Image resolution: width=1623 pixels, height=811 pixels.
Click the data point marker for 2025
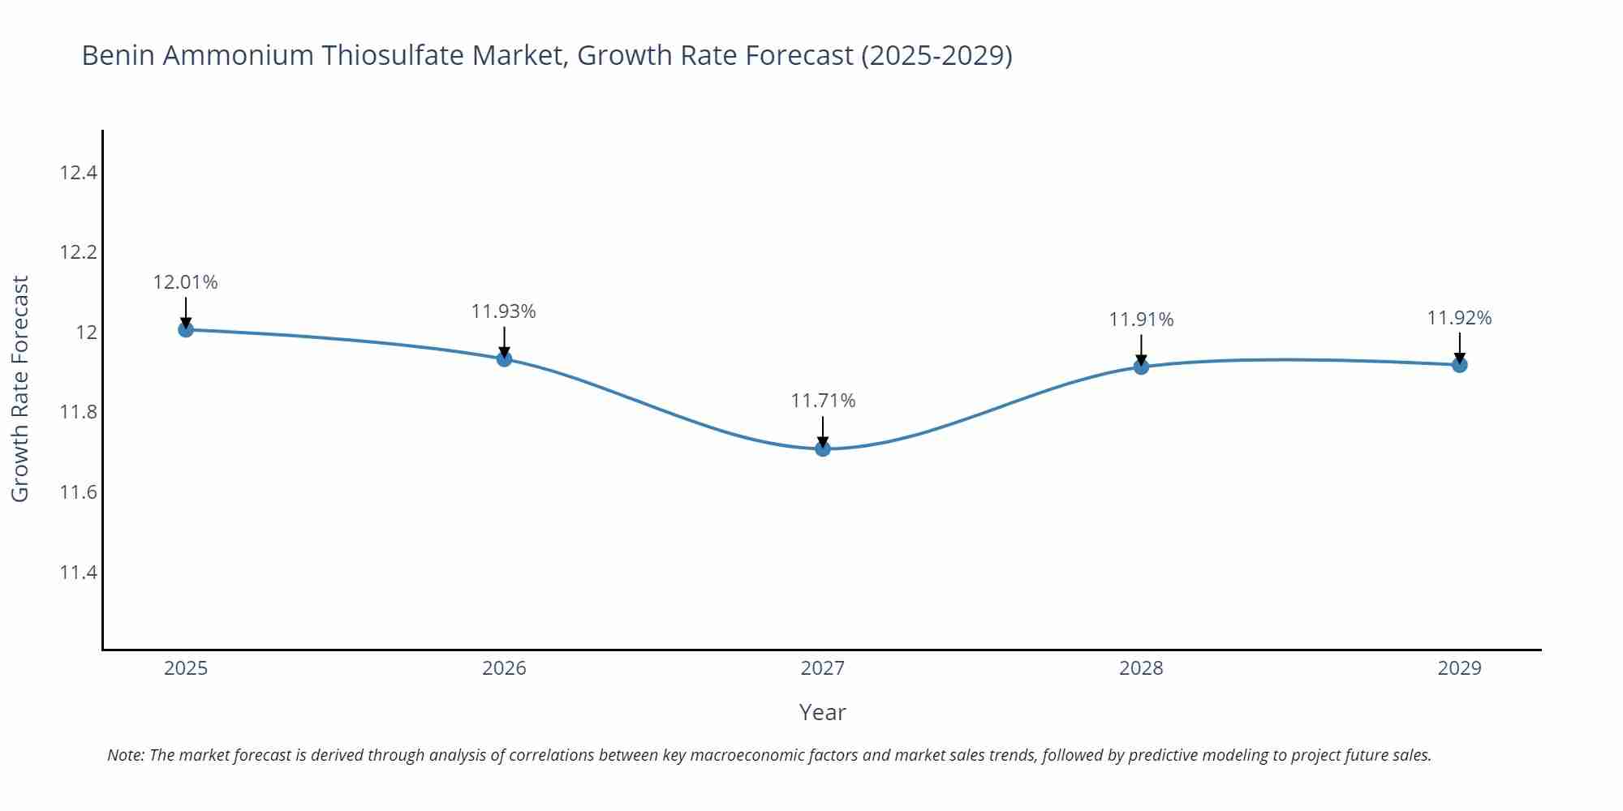pyautogui.click(x=186, y=329)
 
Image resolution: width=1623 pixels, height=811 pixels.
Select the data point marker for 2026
pyautogui.click(x=504, y=358)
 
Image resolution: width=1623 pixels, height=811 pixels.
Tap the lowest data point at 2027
pyautogui.click(x=823, y=448)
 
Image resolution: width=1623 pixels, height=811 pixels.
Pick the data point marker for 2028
pyautogui.click(x=1141, y=367)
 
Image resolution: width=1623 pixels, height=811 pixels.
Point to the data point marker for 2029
pyautogui.click(x=1459, y=365)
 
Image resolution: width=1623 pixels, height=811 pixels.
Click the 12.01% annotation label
pyautogui.click(x=186, y=282)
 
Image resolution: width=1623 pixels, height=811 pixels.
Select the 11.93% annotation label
pyautogui.click(x=504, y=311)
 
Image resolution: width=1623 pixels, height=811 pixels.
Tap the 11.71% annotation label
pyautogui.click(x=823, y=401)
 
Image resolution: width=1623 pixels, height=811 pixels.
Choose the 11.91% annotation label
pyautogui.click(x=1141, y=320)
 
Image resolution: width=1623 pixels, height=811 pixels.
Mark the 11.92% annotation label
pyautogui.click(x=1459, y=318)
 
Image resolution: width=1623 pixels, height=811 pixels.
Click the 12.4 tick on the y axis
pyautogui.click(x=78, y=173)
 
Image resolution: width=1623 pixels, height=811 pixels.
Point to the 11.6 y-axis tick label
pyautogui.click(x=78, y=492)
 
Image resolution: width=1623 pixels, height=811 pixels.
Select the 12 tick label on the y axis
pyautogui.click(x=86, y=333)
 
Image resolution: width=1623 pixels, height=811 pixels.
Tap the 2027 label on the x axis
pyautogui.click(x=823, y=668)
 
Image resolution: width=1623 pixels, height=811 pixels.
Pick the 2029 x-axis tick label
pyautogui.click(x=1459, y=668)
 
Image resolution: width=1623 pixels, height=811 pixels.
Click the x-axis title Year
pyautogui.click(x=822, y=712)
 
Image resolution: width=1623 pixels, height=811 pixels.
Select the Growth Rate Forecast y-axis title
pyautogui.click(x=20, y=388)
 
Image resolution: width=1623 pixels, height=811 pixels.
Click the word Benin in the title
pyautogui.click(x=115, y=55)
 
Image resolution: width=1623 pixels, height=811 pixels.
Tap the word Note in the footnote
pyautogui.click(x=125, y=755)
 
